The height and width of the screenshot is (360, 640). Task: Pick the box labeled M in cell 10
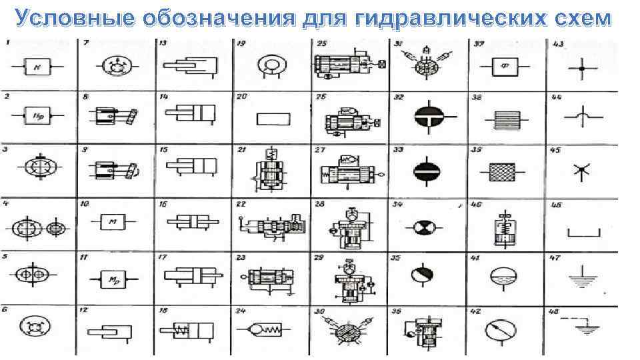point(113,222)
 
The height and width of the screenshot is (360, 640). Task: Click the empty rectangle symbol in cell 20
point(273,119)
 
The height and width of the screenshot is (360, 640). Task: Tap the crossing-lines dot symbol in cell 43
point(582,68)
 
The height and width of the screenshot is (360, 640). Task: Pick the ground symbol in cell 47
point(582,279)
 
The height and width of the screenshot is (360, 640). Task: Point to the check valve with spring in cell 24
point(263,329)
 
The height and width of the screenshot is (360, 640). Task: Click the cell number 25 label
point(322,44)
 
